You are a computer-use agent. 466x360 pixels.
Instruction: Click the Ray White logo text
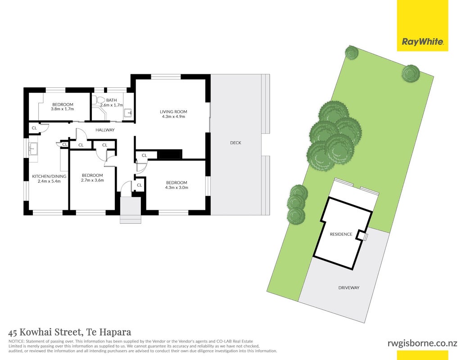423,41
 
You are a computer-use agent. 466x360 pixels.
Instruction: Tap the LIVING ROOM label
173,112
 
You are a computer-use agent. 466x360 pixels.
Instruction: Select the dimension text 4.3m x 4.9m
173,117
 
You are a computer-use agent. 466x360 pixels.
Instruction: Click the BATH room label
112,100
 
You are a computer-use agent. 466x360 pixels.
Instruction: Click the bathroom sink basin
128,113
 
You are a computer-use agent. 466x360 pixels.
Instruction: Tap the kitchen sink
33,148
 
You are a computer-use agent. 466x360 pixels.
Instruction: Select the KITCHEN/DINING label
49,176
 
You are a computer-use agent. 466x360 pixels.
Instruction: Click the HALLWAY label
105,130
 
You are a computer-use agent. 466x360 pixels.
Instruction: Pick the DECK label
235,143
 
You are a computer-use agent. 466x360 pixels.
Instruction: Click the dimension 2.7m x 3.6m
92,180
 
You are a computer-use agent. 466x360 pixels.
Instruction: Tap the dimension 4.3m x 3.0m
176,188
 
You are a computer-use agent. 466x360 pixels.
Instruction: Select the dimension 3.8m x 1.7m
63,109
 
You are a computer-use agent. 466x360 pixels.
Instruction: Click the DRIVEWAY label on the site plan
349,288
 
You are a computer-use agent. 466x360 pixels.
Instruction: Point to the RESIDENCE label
341,234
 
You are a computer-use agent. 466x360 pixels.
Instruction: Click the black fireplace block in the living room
170,154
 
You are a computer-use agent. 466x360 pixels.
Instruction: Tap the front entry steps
130,210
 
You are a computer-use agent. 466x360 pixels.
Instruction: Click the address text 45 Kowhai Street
45,332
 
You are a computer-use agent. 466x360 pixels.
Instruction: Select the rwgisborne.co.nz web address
423,343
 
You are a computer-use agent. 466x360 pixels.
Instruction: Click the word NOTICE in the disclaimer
17,342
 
